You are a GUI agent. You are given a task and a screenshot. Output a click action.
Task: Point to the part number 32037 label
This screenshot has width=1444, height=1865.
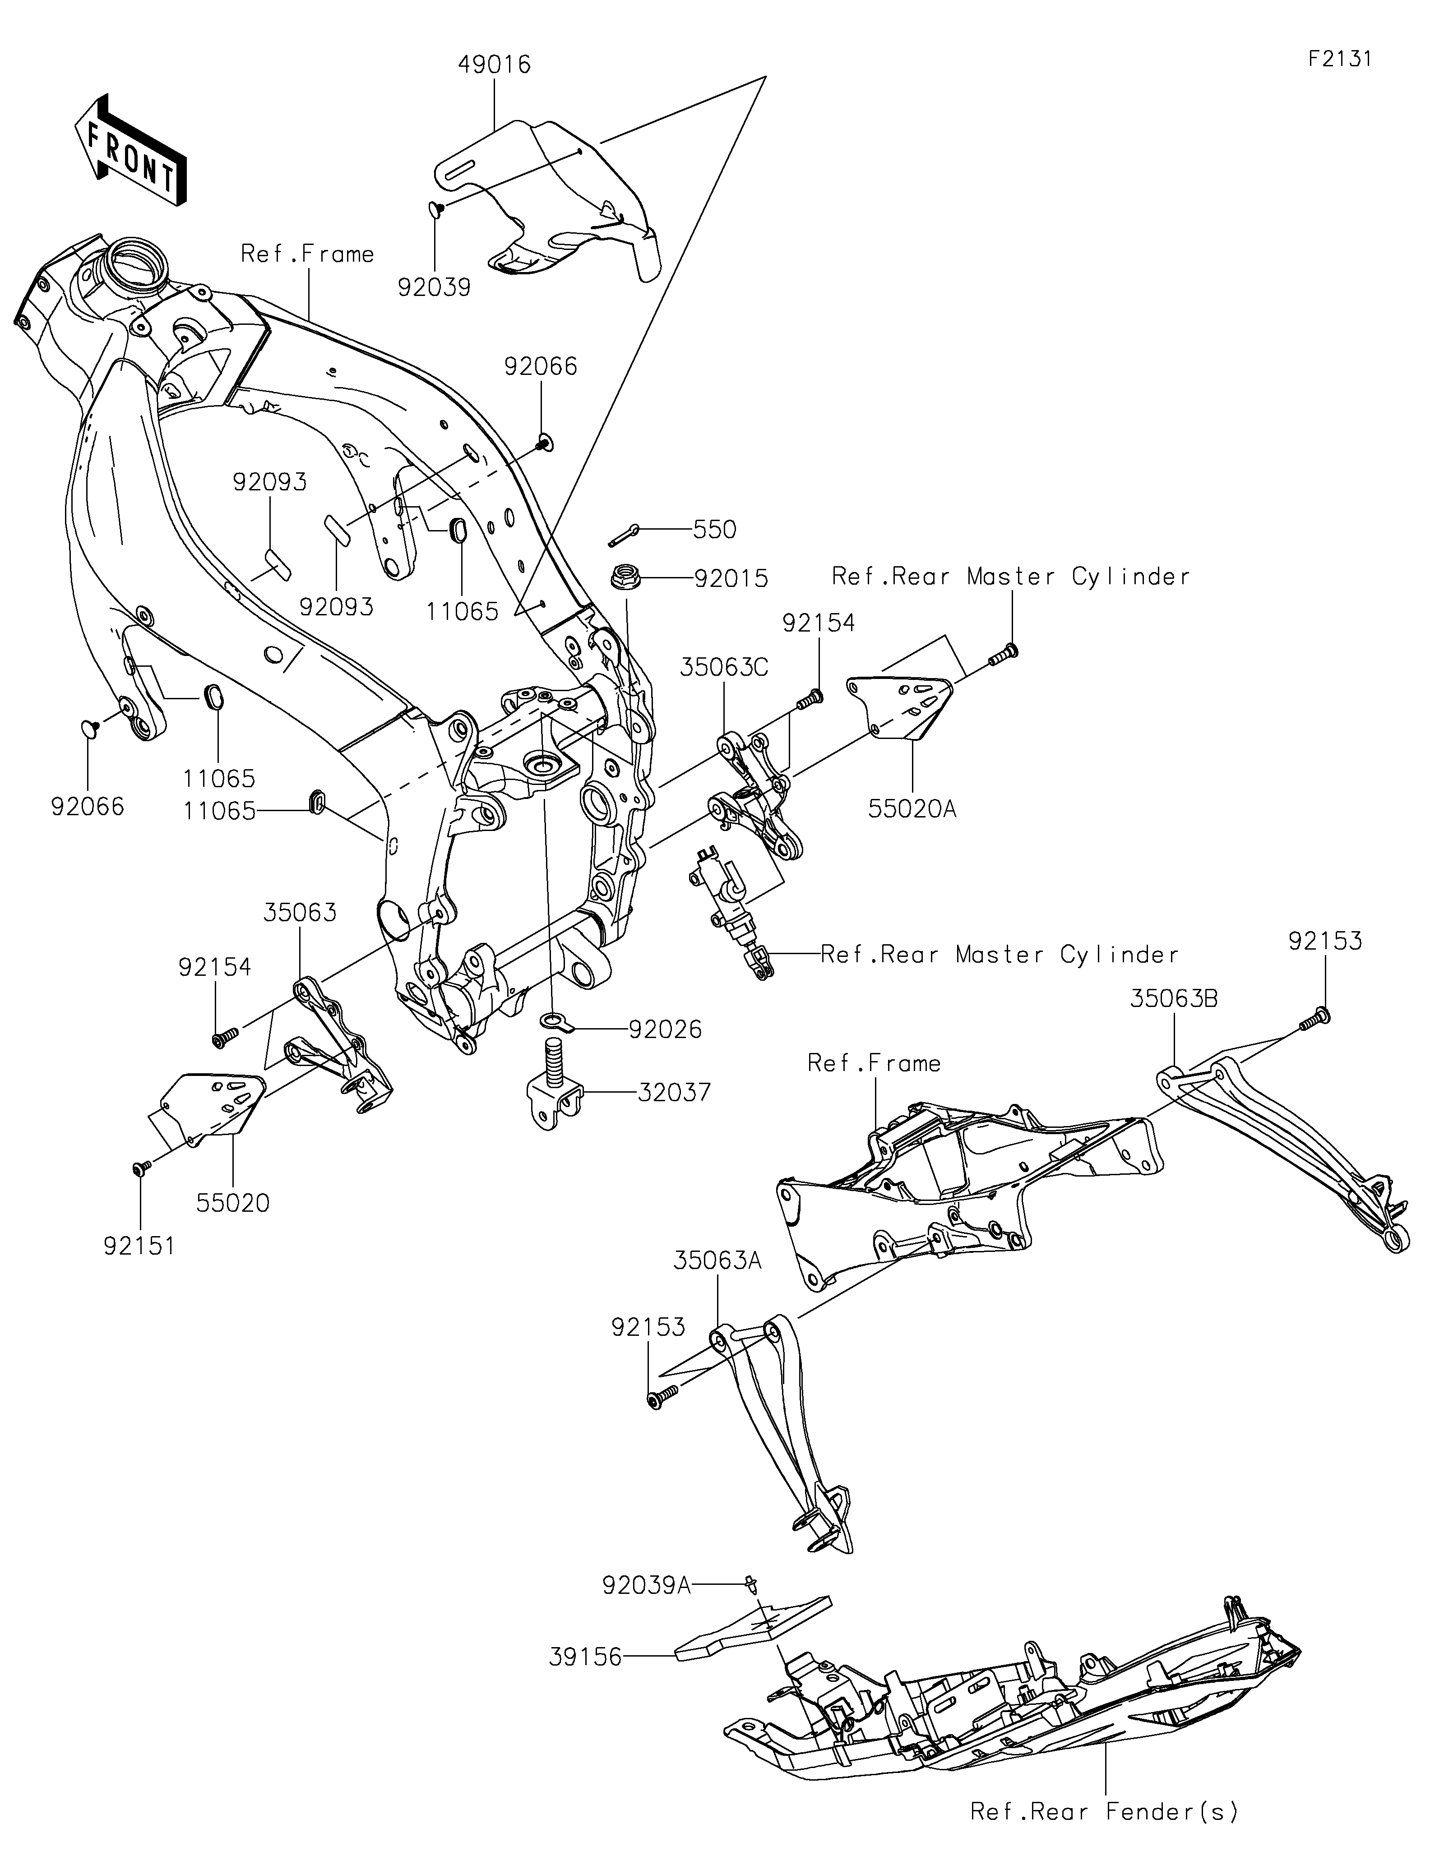(x=674, y=1092)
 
